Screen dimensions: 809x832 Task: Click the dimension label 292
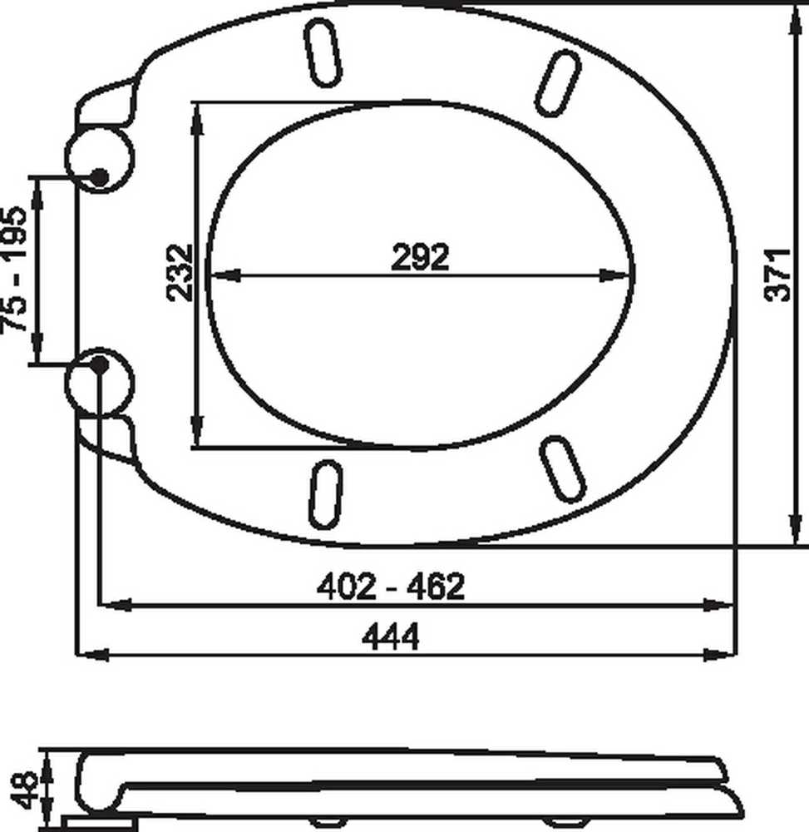click(420, 257)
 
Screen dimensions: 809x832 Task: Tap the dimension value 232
click(180, 272)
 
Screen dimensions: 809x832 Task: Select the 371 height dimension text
click(778, 275)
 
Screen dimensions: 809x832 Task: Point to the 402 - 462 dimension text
click(390, 587)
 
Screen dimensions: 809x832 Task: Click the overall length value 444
click(390, 636)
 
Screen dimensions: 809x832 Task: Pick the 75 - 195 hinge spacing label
click(14, 269)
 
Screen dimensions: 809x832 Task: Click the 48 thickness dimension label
click(24, 790)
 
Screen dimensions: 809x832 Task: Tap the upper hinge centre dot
click(99, 177)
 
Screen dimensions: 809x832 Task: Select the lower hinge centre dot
click(99, 364)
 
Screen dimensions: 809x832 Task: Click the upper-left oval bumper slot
click(323, 52)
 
